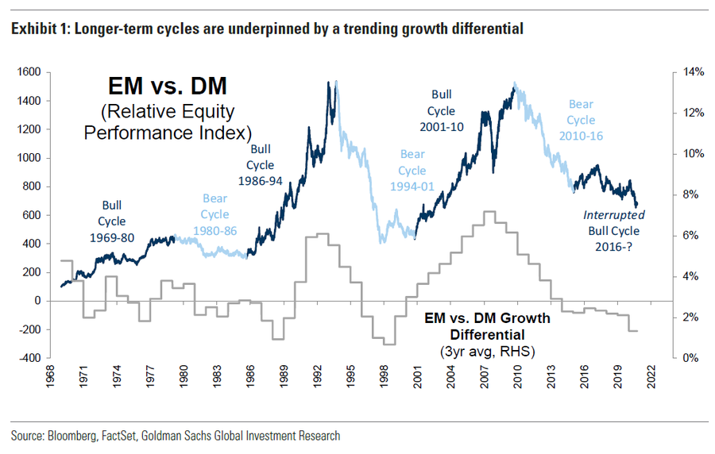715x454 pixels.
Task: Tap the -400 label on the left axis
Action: click(x=31, y=358)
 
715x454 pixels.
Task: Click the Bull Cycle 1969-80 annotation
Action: click(x=112, y=221)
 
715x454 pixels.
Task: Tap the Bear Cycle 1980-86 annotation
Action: click(x=214, y=214)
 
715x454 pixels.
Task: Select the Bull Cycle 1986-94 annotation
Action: click(x=261, y=165)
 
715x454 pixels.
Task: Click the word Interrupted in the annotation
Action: click(x=614, y=215)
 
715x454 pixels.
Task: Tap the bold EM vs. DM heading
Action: click(x=168, y=86)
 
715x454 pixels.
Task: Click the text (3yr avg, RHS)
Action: click(x=487, y=350)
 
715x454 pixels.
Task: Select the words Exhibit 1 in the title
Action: click(x=34, y=30)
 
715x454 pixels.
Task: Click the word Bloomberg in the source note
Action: click(x=73, y=436)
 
